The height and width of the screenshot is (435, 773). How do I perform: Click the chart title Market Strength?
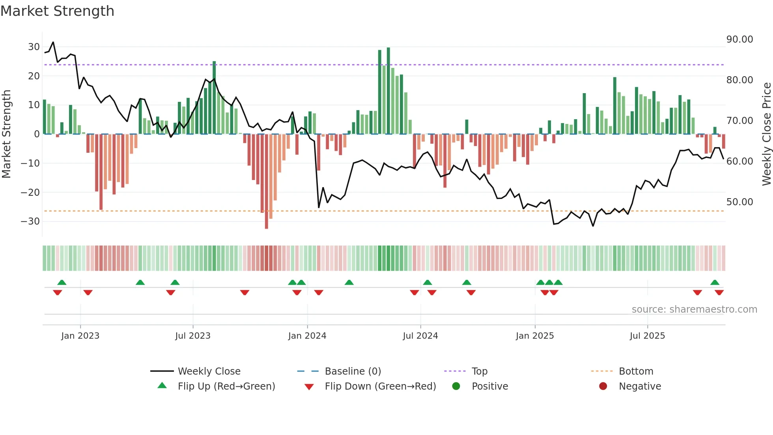pyautogui.click(x=57, y=11)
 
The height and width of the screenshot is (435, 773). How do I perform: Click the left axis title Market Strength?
pyautogui.click(x=6, y=134)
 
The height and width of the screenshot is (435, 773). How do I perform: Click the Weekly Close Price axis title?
pyautogui.click(x=766, y=134)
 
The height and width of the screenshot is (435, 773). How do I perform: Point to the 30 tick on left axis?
pyautogui.click(x=34, y=47)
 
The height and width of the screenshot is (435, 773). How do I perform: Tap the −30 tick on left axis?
pyautogui.click(x=31, y=221)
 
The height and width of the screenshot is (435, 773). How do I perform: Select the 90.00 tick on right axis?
pyautogui.click(x=739, y=39)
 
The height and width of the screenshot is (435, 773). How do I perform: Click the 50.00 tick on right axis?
pyautogui.click(x=739, y=202)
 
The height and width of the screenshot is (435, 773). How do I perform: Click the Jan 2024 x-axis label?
pyautogui.click(x=307, y=336)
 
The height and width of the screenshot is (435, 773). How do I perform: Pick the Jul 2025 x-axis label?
pyautogui.click(x=647, y=336)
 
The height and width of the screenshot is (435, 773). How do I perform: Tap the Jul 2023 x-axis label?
pyautogui.click(x=193, y=336)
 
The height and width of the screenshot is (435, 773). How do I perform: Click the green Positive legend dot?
pyautogui.click(x=456, y=386)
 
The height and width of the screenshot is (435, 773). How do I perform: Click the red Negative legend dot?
pyautogui.click(x=603, y=386)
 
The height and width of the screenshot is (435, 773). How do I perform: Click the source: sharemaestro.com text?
pyautogui.click(x=694, y=309)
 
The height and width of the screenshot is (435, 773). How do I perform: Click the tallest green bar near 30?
pyautogui.click(x=388, y=91)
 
